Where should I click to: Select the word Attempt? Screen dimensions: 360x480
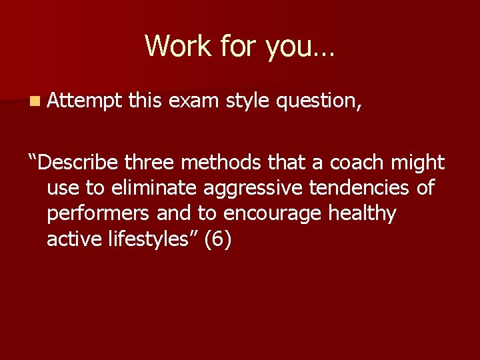point(85,101)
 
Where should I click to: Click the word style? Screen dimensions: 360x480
point(250,101)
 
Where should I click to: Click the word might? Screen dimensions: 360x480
point(419,163)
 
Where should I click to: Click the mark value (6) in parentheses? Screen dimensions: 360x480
point(218,240)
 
